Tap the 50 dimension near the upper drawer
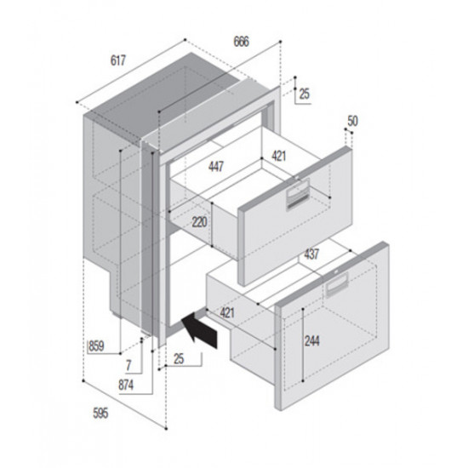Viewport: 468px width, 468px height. coord(353,122)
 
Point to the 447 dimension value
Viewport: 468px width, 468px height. coord(215,168)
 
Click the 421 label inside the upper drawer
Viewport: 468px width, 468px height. coord(279,156)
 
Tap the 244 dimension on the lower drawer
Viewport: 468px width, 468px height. coord(313,341)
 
